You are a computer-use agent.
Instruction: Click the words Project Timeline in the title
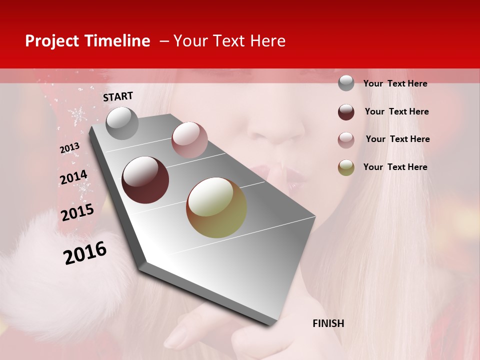coord(87,41)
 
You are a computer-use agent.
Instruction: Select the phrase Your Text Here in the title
coord(229,41)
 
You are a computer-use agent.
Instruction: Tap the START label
coord(118,96)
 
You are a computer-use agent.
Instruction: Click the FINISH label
coord(328,323)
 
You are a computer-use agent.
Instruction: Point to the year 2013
coord(69,148)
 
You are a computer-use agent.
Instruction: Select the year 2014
coord(73,177)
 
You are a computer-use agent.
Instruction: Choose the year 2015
coord(77,212)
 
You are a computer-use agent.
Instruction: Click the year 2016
coord(85,252)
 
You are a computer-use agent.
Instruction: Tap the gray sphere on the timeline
coord(122,123)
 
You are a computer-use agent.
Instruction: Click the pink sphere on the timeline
coord(189,140)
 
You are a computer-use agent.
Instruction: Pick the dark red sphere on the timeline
coord(145,180)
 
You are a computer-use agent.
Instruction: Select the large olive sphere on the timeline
coord(216,207)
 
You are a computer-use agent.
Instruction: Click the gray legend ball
coord(346,83)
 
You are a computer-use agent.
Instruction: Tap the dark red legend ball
coord(346,112)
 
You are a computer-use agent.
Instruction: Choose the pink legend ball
coord(346,140)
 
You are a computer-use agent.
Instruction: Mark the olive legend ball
coord(346,167)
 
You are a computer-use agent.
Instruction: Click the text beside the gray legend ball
coord(395,83)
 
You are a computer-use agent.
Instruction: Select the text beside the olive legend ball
coord(395,167)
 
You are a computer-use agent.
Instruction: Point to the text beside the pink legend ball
coord(397,139)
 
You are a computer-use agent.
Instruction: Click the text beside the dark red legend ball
coord(396,111)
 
